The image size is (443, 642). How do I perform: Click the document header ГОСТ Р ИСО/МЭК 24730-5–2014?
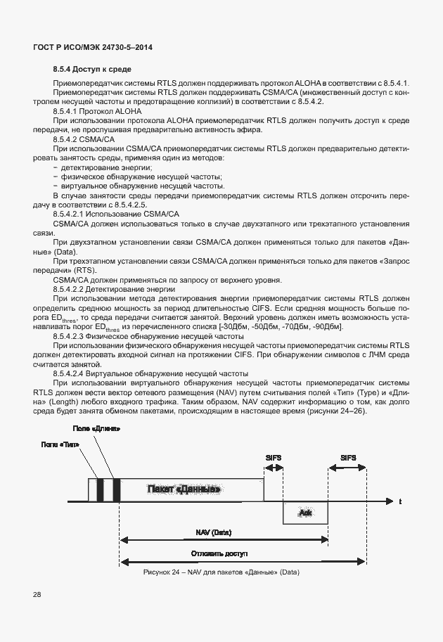(x=93, y=48)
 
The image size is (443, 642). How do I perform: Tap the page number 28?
(x=37, y=595)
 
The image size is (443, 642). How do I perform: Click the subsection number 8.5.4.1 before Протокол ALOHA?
(x=68, y=111)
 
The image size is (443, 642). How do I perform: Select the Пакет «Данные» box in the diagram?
(x=184, y=489)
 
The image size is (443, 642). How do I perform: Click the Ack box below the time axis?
(x=305, y=513)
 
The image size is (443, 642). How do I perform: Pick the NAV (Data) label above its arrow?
(x=213, y=532)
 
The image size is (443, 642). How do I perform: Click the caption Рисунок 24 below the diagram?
(x=221, y=572)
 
